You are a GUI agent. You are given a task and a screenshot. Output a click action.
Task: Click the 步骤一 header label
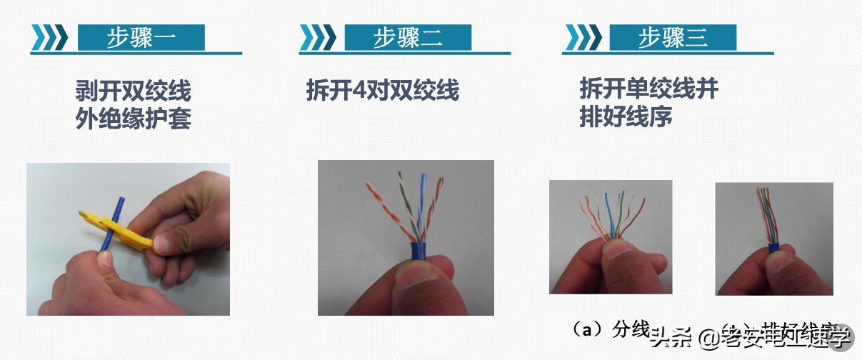(141, 38)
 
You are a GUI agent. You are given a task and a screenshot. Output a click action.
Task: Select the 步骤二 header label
(407, 38)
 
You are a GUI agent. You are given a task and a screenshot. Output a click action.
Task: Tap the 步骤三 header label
(672, 38)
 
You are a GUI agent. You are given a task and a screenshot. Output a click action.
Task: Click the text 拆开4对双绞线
(382, 91)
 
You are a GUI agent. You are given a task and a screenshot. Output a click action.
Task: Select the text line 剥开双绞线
(134, 91)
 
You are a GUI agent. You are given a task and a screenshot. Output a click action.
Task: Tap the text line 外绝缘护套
(134, 119)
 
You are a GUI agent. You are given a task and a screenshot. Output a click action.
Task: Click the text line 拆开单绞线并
(648, 89)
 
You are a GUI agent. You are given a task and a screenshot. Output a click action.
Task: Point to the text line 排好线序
(626, 116)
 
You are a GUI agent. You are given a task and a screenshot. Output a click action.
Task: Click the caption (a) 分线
(611, 329)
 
